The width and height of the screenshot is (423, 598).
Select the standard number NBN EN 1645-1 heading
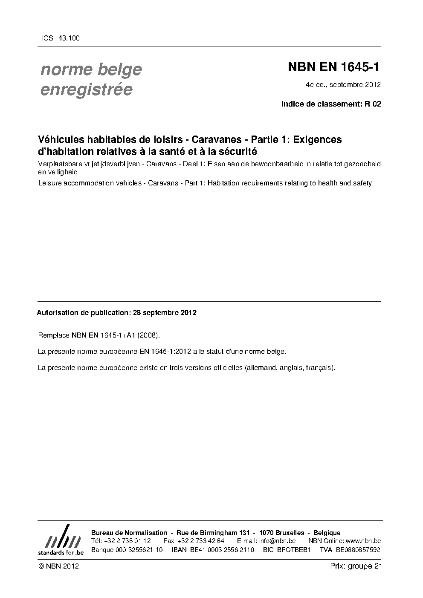[333, 67]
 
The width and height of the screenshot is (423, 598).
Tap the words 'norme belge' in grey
[91, 69]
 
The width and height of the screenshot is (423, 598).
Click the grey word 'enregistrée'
[86, 90]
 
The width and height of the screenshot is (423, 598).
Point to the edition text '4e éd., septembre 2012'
[343, 84]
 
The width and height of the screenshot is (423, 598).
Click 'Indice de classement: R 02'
[331, 104]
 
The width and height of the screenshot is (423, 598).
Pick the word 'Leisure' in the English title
[49, 183]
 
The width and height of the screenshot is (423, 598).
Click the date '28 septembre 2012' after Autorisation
[165, 313]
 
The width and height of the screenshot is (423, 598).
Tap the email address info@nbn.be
[277, 541]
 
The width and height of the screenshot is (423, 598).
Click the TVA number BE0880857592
[358, 550]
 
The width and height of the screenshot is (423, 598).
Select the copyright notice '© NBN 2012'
[58, 566]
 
